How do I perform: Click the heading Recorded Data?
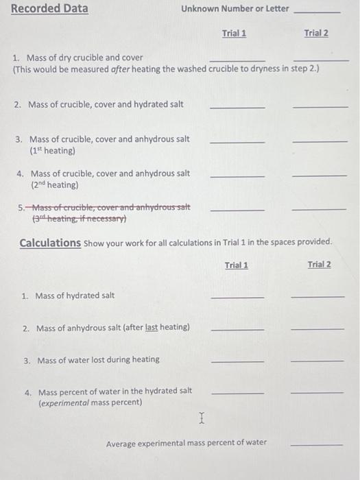pyautogui.click(x=49, y=9)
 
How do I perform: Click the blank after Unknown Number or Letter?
pyautogui.click(x=316, y=11)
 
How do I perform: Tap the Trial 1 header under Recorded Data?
pyautogui.click(x=235, y=33)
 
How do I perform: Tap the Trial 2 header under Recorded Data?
pyautogui.click(x=315, y=33)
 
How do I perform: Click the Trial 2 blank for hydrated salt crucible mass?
pyautogui.click(x=320, y=106)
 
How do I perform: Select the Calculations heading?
pyautogui.click(x=50, y=243)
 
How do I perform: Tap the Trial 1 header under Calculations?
pyautogui.click(x=237, y=265)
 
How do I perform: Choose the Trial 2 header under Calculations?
pyautogui.click(x=319, y=265)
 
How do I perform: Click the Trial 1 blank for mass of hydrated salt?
pyautogui.click(x=237, y=296)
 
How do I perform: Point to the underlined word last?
pyautogui.click(x=152, y=328)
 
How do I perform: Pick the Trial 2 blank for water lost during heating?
pyautogui.click(x=317, y=361)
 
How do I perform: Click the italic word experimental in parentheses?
pyautogui.click(x=67, y=403)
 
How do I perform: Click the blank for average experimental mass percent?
pyautogui.click(x=316, y=444)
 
